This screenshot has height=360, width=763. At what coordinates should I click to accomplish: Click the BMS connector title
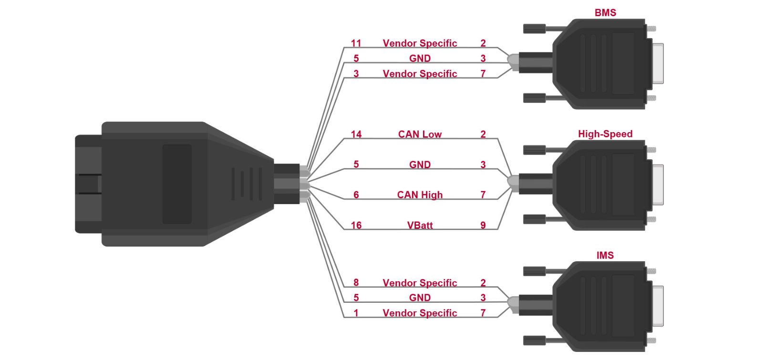(x=605, y=12)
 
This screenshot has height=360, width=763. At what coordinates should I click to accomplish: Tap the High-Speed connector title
(x=605, y=134)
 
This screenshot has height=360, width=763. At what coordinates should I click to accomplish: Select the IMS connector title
(x=605, y=255)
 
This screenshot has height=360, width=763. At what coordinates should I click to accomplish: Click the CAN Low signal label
(x=420, y=134)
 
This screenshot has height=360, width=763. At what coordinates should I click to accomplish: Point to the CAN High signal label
(x=420, y=195)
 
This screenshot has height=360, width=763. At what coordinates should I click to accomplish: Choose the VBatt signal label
(x=420, y=225)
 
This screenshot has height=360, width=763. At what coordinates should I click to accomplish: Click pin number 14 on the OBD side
(x=356, y=134)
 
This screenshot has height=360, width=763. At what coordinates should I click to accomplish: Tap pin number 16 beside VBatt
(x=356, y=225)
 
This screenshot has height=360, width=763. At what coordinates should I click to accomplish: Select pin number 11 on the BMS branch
(x=356, y=43)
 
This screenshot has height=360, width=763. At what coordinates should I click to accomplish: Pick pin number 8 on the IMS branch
(x=356, y=282)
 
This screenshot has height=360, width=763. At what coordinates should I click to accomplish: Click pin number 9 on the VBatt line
(x=483, y=225)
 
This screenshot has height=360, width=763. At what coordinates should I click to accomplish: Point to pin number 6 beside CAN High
(x=356, y=195)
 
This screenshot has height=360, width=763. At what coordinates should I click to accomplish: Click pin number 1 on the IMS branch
(x=356, y=313)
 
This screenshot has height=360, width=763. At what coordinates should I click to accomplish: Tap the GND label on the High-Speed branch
(x=420, y=165)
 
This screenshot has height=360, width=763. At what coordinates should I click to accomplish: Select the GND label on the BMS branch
(x=420, y=58)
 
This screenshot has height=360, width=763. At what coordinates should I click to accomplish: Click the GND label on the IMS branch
(x=420, y=298)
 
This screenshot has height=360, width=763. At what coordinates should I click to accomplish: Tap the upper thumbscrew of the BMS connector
(x=535, y=29)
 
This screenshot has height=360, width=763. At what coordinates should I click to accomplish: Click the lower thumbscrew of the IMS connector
(x=535, y=340)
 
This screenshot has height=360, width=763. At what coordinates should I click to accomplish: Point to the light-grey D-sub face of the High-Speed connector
(x=658, y=185)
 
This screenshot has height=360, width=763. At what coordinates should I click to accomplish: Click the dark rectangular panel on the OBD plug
(x=177, y=184)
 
